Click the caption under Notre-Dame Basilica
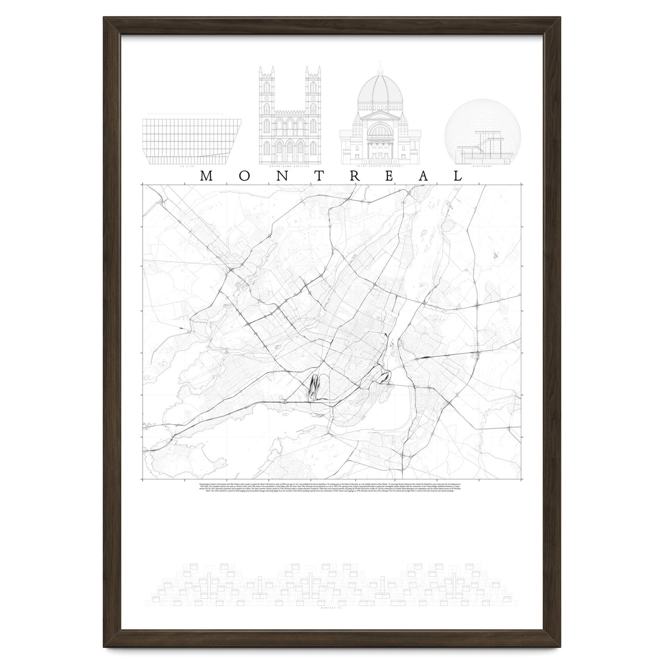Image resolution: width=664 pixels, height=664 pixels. click(x=289, y=166)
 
